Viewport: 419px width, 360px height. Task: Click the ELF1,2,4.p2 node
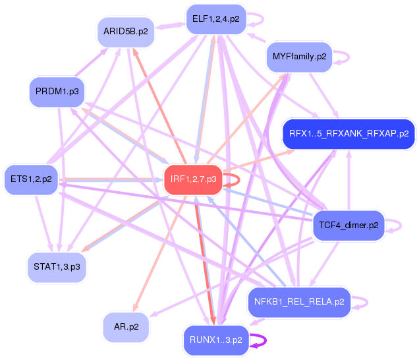coord(215,19)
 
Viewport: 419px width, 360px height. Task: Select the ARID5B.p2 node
coord(125,31)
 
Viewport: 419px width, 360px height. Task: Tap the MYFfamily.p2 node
coord(299,57)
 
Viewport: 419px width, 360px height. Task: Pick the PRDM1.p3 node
coord(57,92)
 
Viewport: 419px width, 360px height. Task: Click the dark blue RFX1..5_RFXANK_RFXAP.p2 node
coord(349,133)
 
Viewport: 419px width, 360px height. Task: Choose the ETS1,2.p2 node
coord(31,179)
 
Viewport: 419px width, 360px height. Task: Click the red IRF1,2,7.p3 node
coord(193,179)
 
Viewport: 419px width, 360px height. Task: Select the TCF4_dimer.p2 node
coord(348,225)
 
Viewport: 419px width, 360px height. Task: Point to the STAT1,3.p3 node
coord(57,266)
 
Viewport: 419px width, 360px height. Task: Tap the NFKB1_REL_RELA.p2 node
coord(298,302)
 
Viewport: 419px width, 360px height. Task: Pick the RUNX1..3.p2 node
coord(215,340)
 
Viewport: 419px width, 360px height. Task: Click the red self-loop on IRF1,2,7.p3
coord(236,179)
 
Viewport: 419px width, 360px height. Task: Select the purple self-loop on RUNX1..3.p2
coord(262,340)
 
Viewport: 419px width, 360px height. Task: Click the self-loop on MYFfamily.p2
coord(345,57)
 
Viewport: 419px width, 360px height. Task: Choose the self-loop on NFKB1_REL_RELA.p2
coord(363,302)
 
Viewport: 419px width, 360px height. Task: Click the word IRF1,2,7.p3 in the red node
coord(193,179)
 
